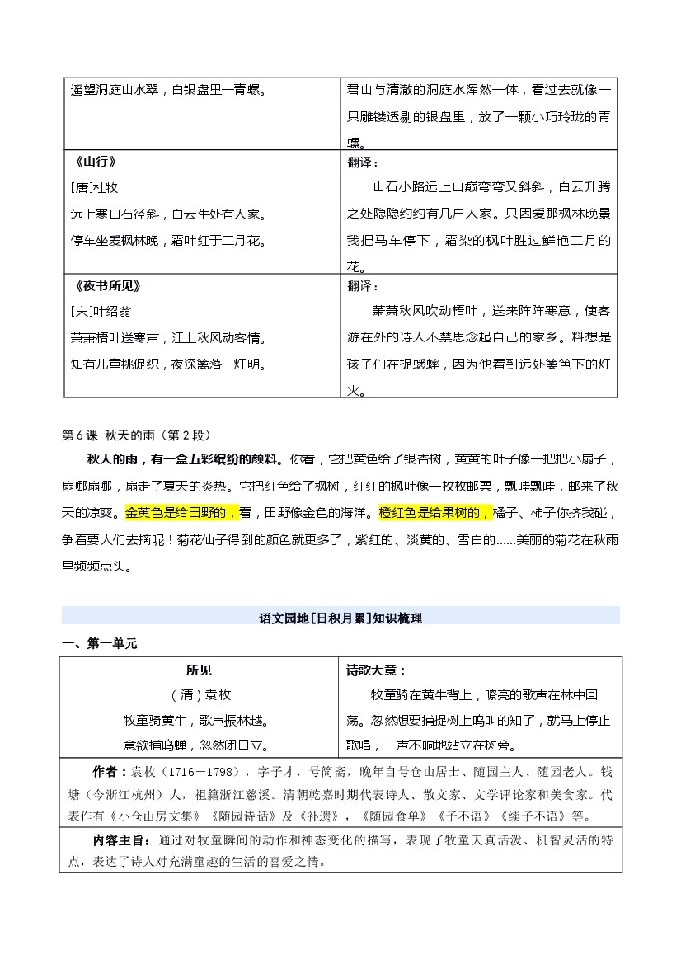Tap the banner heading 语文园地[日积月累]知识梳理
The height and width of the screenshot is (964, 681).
(340, 617)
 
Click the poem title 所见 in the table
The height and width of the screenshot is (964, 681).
(199, 670)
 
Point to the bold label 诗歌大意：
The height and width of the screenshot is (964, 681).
(376, 670)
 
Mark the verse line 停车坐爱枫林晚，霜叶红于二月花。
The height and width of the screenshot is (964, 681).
(168, 241)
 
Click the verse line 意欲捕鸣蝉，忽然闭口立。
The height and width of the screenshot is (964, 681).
(199, 745)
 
